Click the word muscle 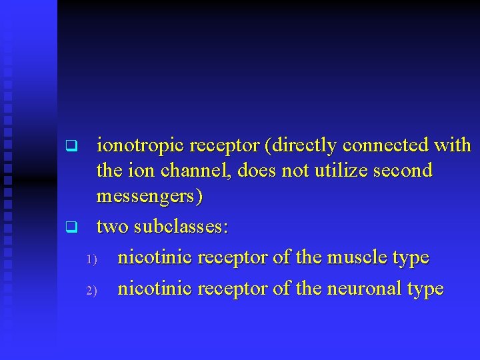tap(353, 257)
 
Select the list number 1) tap(92, 259)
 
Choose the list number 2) tap(92, 290)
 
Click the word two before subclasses tap(113, 227)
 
